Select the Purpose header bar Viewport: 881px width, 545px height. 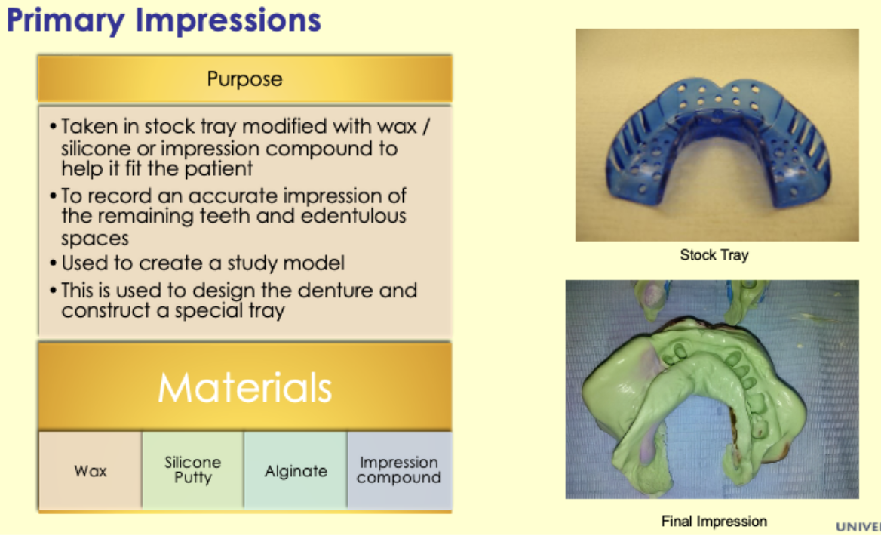244,79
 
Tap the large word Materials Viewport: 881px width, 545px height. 244,387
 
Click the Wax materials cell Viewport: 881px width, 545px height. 91,471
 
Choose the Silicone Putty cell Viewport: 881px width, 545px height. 193,470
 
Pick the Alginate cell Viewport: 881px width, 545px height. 296,471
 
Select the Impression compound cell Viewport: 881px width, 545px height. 399,470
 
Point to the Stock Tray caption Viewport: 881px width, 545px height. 714,255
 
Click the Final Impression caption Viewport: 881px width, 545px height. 714,522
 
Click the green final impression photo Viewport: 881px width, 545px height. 711,389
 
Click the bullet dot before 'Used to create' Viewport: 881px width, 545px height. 54,264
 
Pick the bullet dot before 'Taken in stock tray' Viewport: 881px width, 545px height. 54,126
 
